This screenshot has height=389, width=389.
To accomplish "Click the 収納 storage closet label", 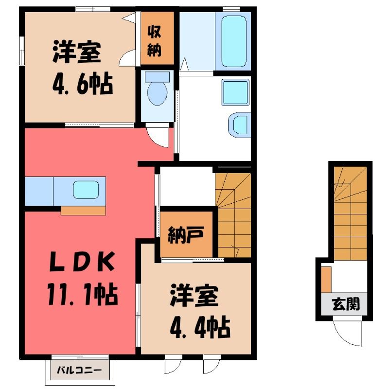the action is [x=154, y=41].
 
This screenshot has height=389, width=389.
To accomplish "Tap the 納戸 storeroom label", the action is [x=186, y=235].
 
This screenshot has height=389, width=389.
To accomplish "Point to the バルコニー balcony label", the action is [x=79, y=371].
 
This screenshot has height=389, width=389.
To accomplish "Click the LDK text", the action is [x=82, y=262].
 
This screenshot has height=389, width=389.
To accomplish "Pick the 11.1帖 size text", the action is [x=82, y=295].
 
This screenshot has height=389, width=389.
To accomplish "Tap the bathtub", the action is [x=234, y=41].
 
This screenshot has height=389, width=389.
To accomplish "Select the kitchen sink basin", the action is [x=86, y=190].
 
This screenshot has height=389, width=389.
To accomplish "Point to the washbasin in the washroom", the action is [x=238, y=125].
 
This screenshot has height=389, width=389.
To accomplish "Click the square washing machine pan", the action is [x=235, y=92].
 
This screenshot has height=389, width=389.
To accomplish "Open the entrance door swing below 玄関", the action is [x=348, y=333].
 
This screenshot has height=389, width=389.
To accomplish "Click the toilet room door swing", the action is [x=159, y=137].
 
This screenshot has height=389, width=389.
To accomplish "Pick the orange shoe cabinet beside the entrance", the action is [x=326, y=280].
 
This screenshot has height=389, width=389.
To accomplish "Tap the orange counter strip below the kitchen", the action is [x=83, y=211].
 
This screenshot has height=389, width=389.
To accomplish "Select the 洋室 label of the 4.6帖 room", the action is [x=77, y=53].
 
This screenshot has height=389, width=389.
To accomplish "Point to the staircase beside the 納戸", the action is [x=233, y=215].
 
